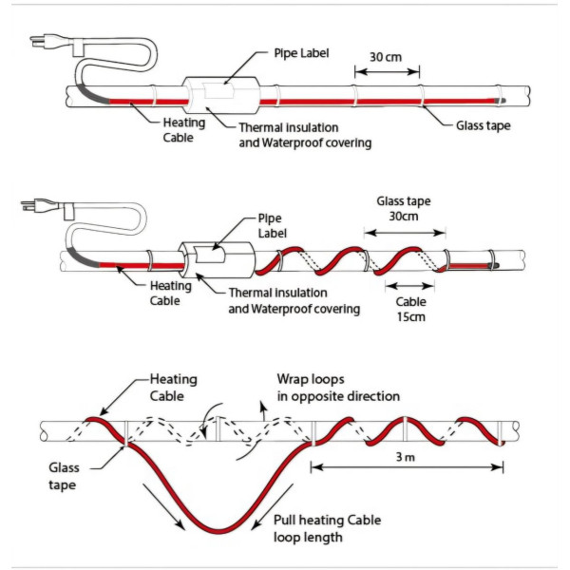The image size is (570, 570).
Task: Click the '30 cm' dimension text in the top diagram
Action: (x=384, y=57)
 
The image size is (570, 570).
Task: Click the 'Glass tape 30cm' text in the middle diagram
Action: (x=404, y=208)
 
